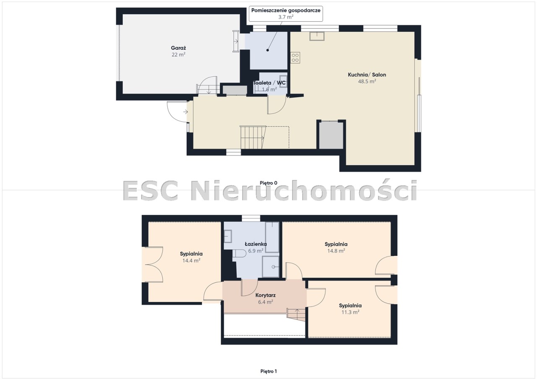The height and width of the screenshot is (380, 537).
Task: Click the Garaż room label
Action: pyautogui.click(x=178, y=48)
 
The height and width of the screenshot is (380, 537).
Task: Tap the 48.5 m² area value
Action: pyautogui.click(x=367, y=81)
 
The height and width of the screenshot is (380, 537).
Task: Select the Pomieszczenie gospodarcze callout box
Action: pyautogui.click(x=286, y=14)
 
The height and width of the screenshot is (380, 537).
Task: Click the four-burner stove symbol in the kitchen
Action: pyautogui.click(x=295, y=58)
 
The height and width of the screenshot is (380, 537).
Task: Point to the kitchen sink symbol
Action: pyautogui.click(x=317, y=36)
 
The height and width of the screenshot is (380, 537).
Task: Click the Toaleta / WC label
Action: pyautogui.click(x=269, y=83)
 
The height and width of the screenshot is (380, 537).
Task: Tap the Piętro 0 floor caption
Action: pyautogui.click(x=268, y=183)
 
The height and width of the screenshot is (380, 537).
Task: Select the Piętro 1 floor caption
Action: pyautogui.click(x=268, y=371)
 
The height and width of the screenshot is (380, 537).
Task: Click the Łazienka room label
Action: pyautogui.click(x=255, y=244)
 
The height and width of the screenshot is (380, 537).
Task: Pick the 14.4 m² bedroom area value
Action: pyautogui.click(x=191, y=260)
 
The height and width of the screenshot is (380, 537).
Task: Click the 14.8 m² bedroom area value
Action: pyautogui.click(x=336, y=251)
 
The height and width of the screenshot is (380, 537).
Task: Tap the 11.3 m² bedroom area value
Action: pyautogui.click(x=350, y=312)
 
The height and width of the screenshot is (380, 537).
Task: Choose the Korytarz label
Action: pyautogui.click(x=266, y=295)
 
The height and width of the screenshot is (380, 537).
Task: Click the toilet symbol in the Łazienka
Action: pyautogui.click(x=240, y=253)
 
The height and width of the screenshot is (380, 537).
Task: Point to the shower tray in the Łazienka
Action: pyautogui.click(x=271, y=267)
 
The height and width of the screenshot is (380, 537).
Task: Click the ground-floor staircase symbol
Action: pyautogui.click(x=253, y=137)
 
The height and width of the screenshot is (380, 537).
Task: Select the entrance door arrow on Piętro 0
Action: pyautogui.click(x=185, y=112)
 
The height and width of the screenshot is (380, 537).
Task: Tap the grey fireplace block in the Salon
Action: pyautogui.click(x=331, y=135)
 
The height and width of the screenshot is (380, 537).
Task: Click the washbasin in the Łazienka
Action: pyautogui.click(x=228, y=236)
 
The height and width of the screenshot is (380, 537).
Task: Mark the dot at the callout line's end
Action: pyautogui.click(x=267, y=50)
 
